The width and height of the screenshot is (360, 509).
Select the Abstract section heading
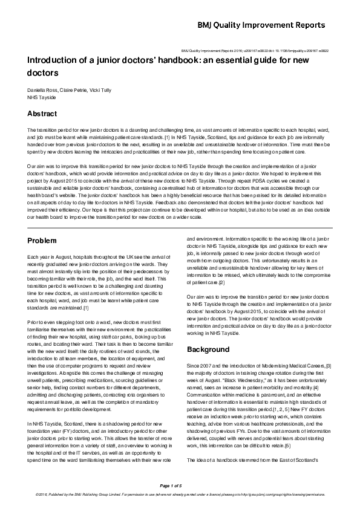tap(42, 114)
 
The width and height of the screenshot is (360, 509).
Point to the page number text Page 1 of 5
tap(180, 485)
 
